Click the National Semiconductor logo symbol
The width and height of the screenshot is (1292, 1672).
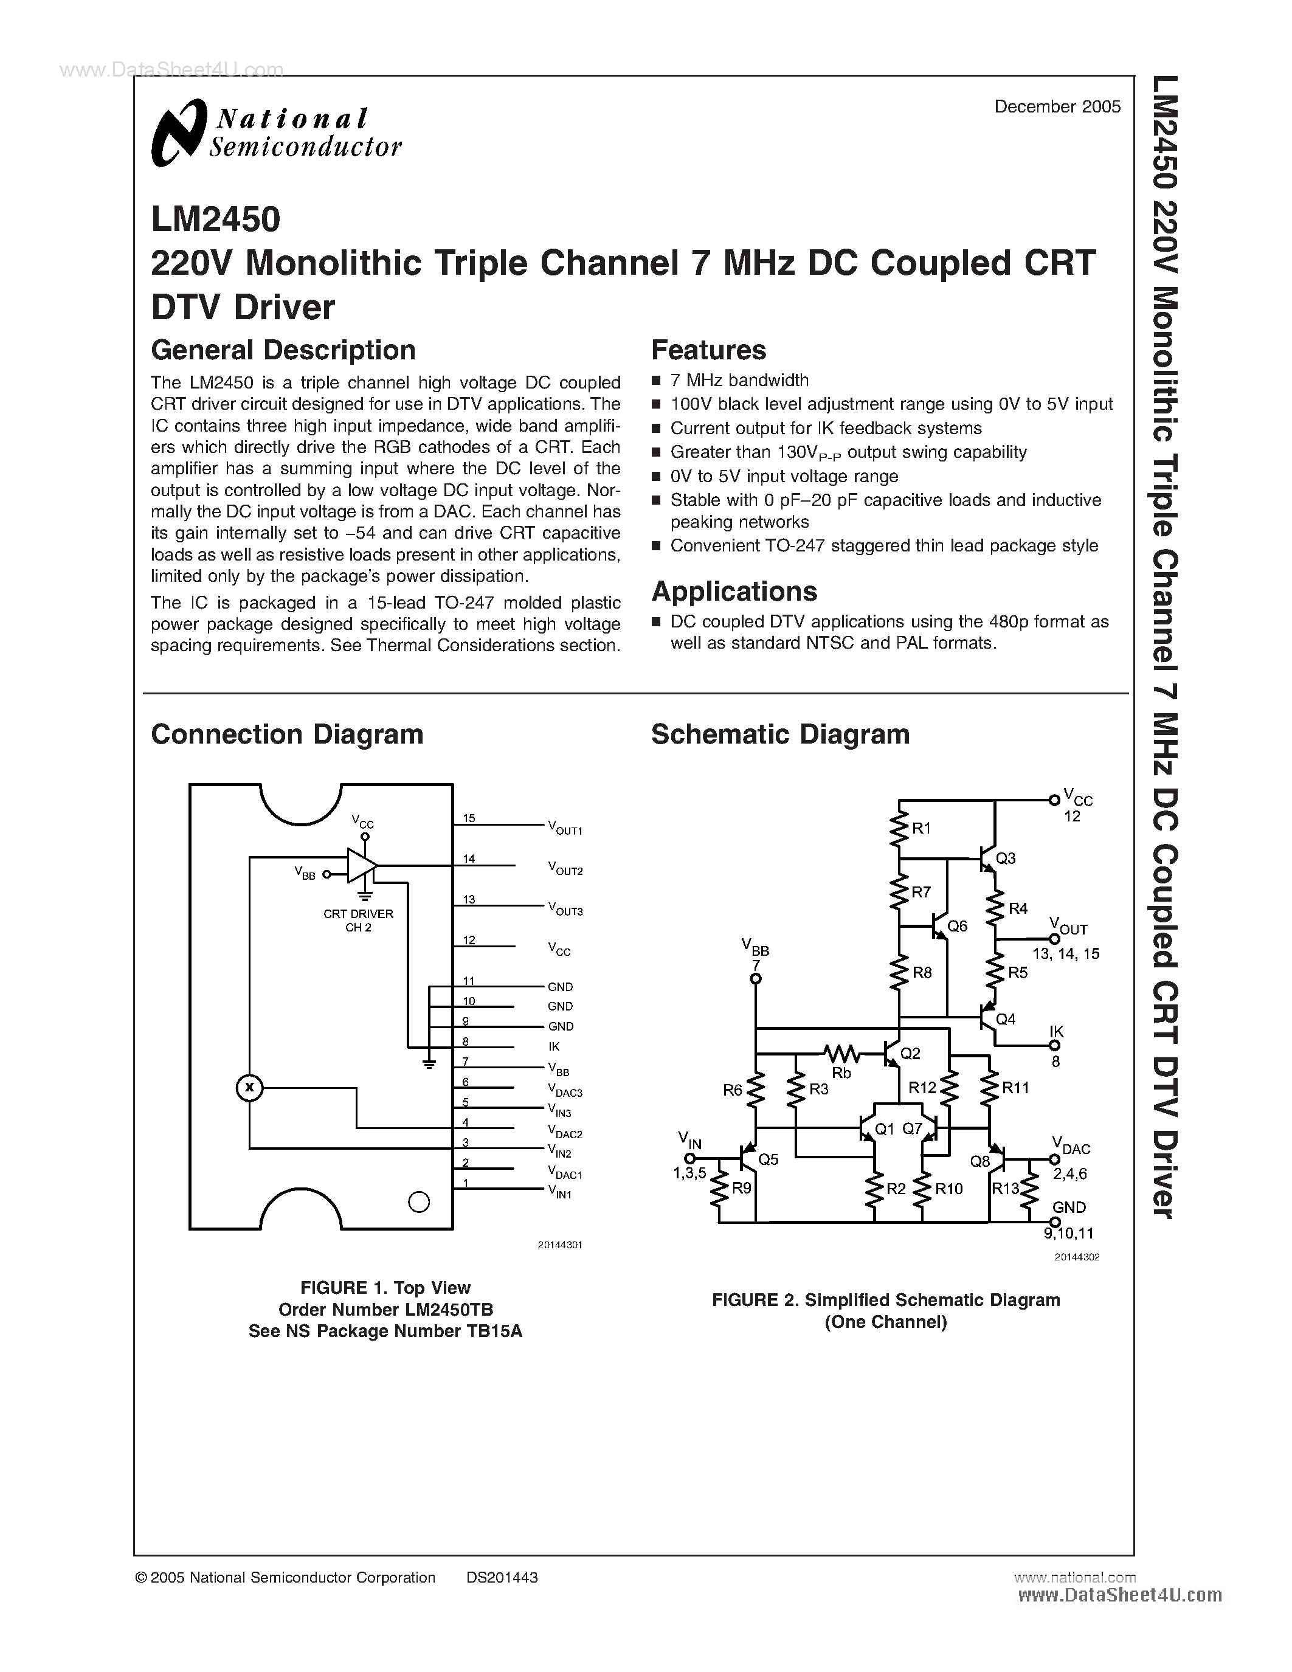click(179, 133)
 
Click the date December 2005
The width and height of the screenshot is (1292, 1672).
click(1057, 107)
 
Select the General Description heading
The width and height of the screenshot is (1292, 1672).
click(283, 351)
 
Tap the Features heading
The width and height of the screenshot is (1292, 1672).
click(708, 351)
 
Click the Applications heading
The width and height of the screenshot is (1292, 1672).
click(734, 592)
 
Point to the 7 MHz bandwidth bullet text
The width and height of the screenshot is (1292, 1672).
click(739, 381)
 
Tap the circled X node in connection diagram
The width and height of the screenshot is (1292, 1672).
click(249, 1087)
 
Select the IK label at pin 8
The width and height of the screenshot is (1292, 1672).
click(554, 1046)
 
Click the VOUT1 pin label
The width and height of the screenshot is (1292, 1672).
click(565, 827)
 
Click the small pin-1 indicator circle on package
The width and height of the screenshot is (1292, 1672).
click(419, 1202)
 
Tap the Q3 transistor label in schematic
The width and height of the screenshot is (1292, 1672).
click(1006, 858)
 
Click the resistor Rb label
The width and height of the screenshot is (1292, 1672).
click(841, 1073)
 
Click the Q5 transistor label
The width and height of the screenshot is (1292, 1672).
click(768, 1160)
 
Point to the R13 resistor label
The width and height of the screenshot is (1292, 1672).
click(1006, 1188)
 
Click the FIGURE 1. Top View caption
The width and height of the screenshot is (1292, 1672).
click(385, 1288)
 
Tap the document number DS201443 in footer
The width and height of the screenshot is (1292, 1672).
click(502, 1578)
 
